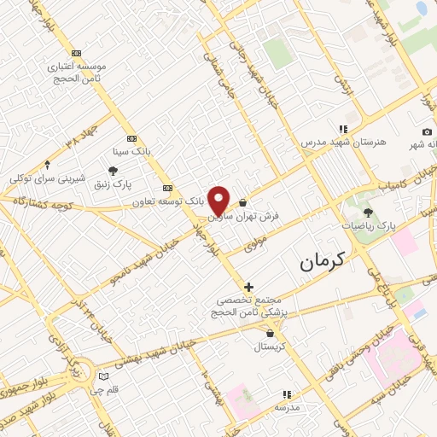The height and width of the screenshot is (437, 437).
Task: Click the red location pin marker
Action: (x=219, y=201)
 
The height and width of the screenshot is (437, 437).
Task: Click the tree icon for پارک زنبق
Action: (x=113, y=171)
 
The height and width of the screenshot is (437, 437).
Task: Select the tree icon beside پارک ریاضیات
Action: (x=368, y=213)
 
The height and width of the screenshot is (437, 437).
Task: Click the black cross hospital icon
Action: (x=248, y=288)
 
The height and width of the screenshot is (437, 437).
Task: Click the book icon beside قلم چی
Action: (x=104, y=376)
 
